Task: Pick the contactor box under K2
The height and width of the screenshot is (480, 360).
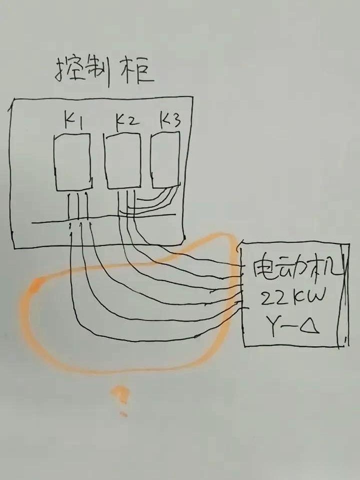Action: point(122,161)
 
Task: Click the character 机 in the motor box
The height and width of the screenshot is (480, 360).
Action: point(324,270)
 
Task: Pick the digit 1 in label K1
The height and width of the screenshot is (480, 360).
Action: point(81,121)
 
